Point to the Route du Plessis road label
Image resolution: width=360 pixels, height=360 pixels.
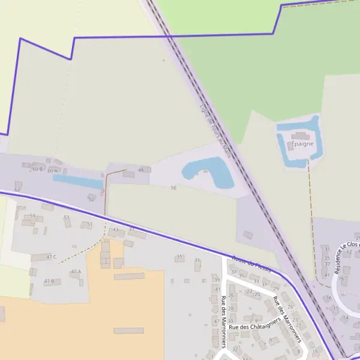click(x=251, y=265)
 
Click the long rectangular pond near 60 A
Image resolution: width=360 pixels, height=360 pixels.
click(x=77, y=181)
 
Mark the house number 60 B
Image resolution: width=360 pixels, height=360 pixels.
click(x=37, y=169)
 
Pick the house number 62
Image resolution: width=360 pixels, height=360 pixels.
click(x=17, y=190)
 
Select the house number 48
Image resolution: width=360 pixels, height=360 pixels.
click(x=141, y=170)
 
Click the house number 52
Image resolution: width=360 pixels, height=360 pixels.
click(x=91, y=198)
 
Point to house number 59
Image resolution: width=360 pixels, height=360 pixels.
click(x=32, y=215)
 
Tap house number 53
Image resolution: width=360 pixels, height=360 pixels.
click(x=67, y=217)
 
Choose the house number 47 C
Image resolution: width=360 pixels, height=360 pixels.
click(x=50, y=257)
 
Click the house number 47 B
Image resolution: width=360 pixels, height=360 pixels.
click(x=49, y=281)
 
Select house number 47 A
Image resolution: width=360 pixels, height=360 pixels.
click(x=76, y=272)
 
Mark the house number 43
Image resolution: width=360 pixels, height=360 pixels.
click(x=115, y=230)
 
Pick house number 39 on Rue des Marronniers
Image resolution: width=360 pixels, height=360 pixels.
click(x=217, y=280)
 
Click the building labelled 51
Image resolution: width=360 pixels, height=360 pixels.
click(x=89, y=224)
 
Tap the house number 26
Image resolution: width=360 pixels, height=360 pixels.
click(x=231, y=294)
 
